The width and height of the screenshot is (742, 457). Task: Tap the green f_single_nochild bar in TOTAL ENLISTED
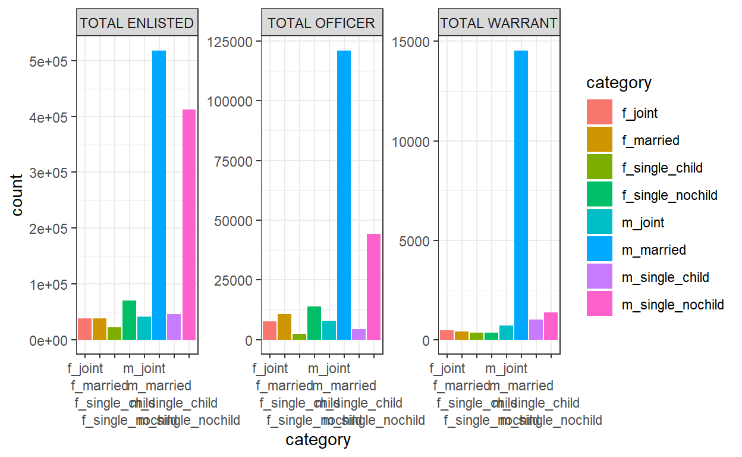pyautogui.click(x=129, y=320)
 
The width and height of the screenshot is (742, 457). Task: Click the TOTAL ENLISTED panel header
pyautogui.click(x=137, y=23)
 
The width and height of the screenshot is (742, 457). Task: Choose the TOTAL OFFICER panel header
pyautogui.click(x=322, y=23)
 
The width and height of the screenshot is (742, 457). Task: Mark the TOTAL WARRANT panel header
pyautogui.click(x=499, y=23)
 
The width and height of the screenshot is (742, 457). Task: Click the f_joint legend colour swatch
pyautogui.click(x=599, y=112)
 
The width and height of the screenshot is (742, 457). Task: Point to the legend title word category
pyautogui.click(x=619, y=83)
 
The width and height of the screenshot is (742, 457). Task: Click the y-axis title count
pyautogui.click(x=17, y=195)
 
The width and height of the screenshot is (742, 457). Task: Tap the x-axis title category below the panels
pyautogui.click(x=318, y=440)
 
